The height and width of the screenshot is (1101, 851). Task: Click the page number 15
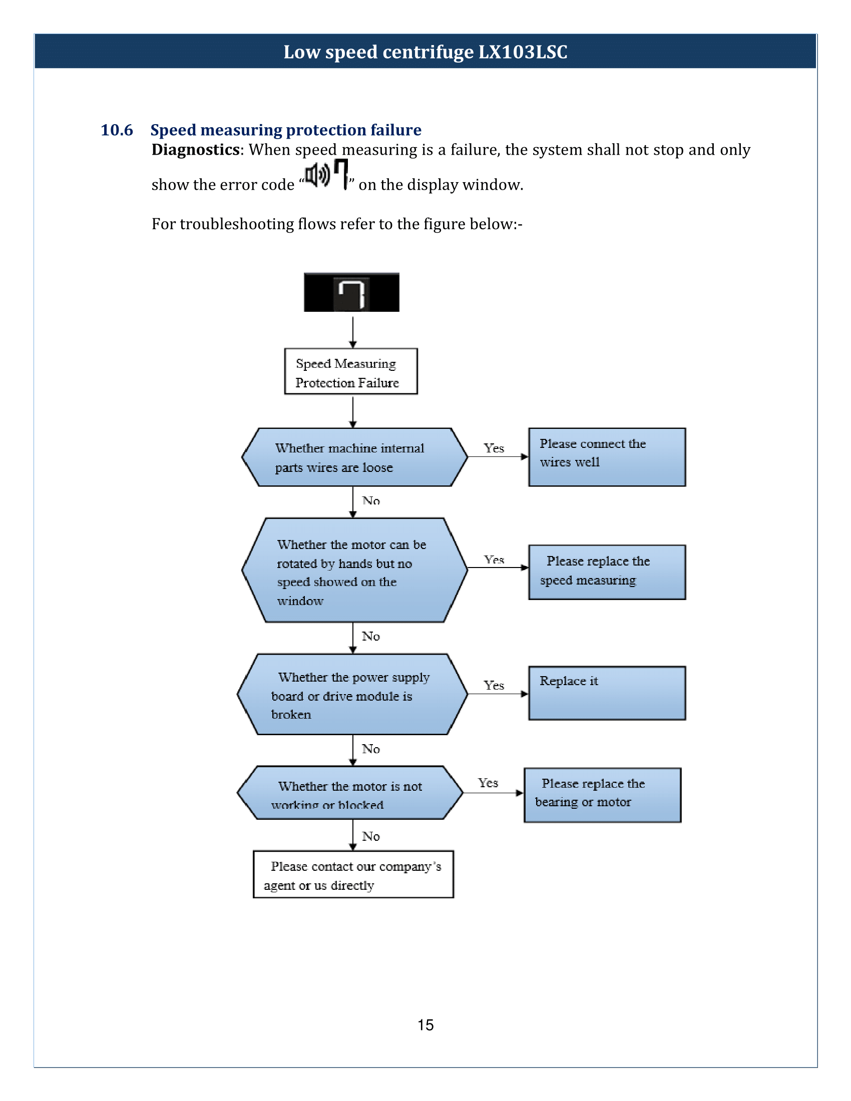[425, 1025]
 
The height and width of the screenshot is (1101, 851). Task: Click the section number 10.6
[117, 130]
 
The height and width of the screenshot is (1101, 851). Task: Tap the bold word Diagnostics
[196, 150]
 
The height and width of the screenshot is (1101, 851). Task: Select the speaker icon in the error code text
[317, 175]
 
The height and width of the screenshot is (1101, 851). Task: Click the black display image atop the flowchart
[351, 292]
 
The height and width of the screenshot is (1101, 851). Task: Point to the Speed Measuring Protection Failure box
[351, 371]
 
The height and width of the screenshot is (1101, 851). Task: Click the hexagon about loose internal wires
[355, 457]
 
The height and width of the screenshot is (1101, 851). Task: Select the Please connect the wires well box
[607, 457]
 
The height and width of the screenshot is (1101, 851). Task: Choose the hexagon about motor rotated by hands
[355, 570]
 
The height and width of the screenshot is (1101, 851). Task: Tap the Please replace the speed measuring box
[607, 572]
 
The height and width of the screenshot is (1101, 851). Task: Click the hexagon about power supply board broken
[352, 694]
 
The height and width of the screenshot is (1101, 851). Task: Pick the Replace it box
[607, 693]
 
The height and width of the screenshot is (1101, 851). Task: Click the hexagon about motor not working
[350, 793]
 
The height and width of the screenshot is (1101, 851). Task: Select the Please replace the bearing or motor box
[602, 795]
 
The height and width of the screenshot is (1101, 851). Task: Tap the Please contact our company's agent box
[353, 875]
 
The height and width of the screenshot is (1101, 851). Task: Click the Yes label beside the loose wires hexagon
[494, 448]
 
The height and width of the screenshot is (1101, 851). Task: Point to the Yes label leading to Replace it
[494, 685]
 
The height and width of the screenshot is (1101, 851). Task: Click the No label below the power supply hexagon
[370, 749]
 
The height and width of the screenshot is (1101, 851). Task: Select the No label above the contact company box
[370, 837]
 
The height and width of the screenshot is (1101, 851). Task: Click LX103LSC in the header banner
[523, 52]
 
